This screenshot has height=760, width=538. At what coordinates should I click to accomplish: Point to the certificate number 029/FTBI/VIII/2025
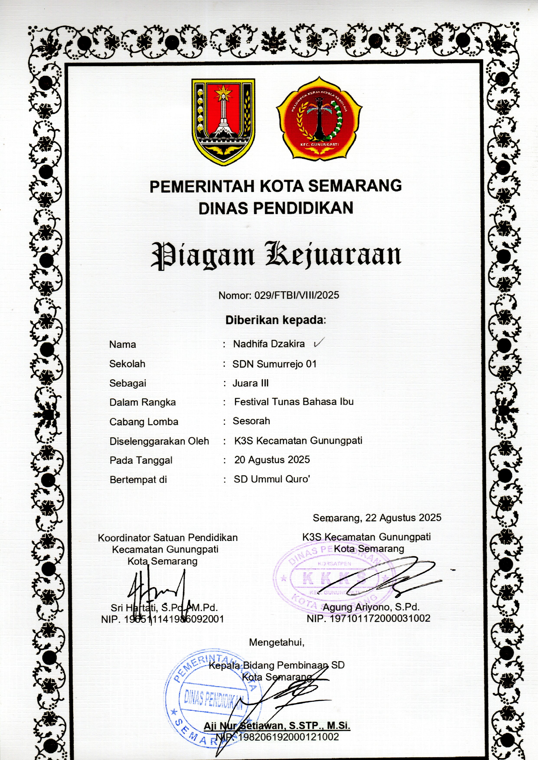(x=296, y=295)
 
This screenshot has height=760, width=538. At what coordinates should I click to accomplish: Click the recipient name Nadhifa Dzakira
(x=269, y=344)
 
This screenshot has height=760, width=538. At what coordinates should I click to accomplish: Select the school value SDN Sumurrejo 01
(x=274, y=364)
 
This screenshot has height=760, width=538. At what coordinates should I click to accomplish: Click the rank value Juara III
(x=250, y=383)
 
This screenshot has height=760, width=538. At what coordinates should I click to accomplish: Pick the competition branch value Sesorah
(x=251, y=421)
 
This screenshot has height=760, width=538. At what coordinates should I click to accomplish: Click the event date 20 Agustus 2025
(x=272, y=460)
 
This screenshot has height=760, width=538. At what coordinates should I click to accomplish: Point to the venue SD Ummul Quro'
(x=272, y=479)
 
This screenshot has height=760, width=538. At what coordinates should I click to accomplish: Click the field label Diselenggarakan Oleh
(x=159, y=441)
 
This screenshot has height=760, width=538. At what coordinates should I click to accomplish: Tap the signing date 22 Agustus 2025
(x=403, y=518)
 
